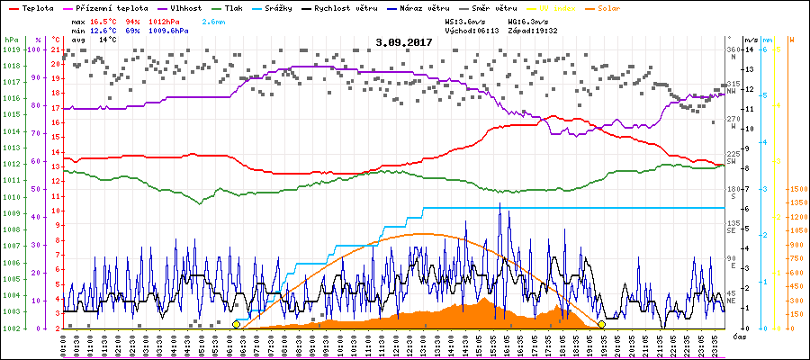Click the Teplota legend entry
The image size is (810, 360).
(x=36, y=7)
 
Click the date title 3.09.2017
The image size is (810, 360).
(x=404, y=41)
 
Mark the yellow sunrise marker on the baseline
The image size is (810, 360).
(x=236, y=324)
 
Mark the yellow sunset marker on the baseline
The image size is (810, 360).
(x=601, y=324)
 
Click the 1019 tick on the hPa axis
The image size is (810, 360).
(x=11, y=49)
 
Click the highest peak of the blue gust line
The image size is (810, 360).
(x=500, y=203)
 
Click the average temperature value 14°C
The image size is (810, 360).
(x=107, y=40)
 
